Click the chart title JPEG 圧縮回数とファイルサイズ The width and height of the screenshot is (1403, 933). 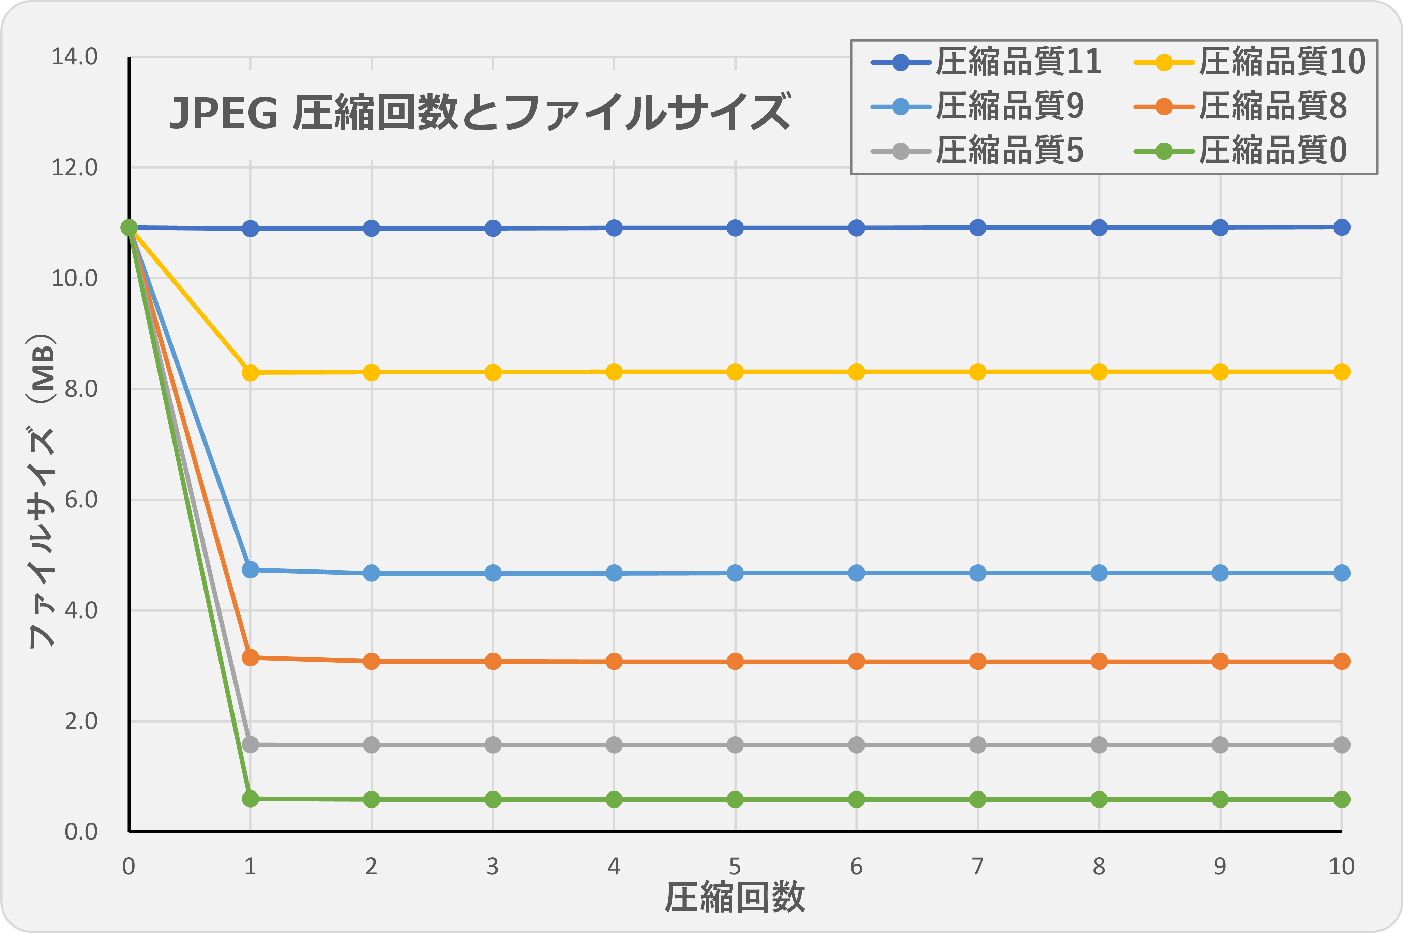(479, 112)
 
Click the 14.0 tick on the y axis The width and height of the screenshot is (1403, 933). (74, 57)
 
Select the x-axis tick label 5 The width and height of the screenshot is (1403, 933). (735, 867)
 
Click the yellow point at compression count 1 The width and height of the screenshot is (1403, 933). (251, 373)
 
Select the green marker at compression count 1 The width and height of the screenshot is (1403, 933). (251, 799)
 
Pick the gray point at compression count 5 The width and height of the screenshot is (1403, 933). (735, 745)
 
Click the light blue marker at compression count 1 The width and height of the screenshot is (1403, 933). (251, 569)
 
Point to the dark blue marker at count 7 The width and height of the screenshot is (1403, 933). (978, 227)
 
